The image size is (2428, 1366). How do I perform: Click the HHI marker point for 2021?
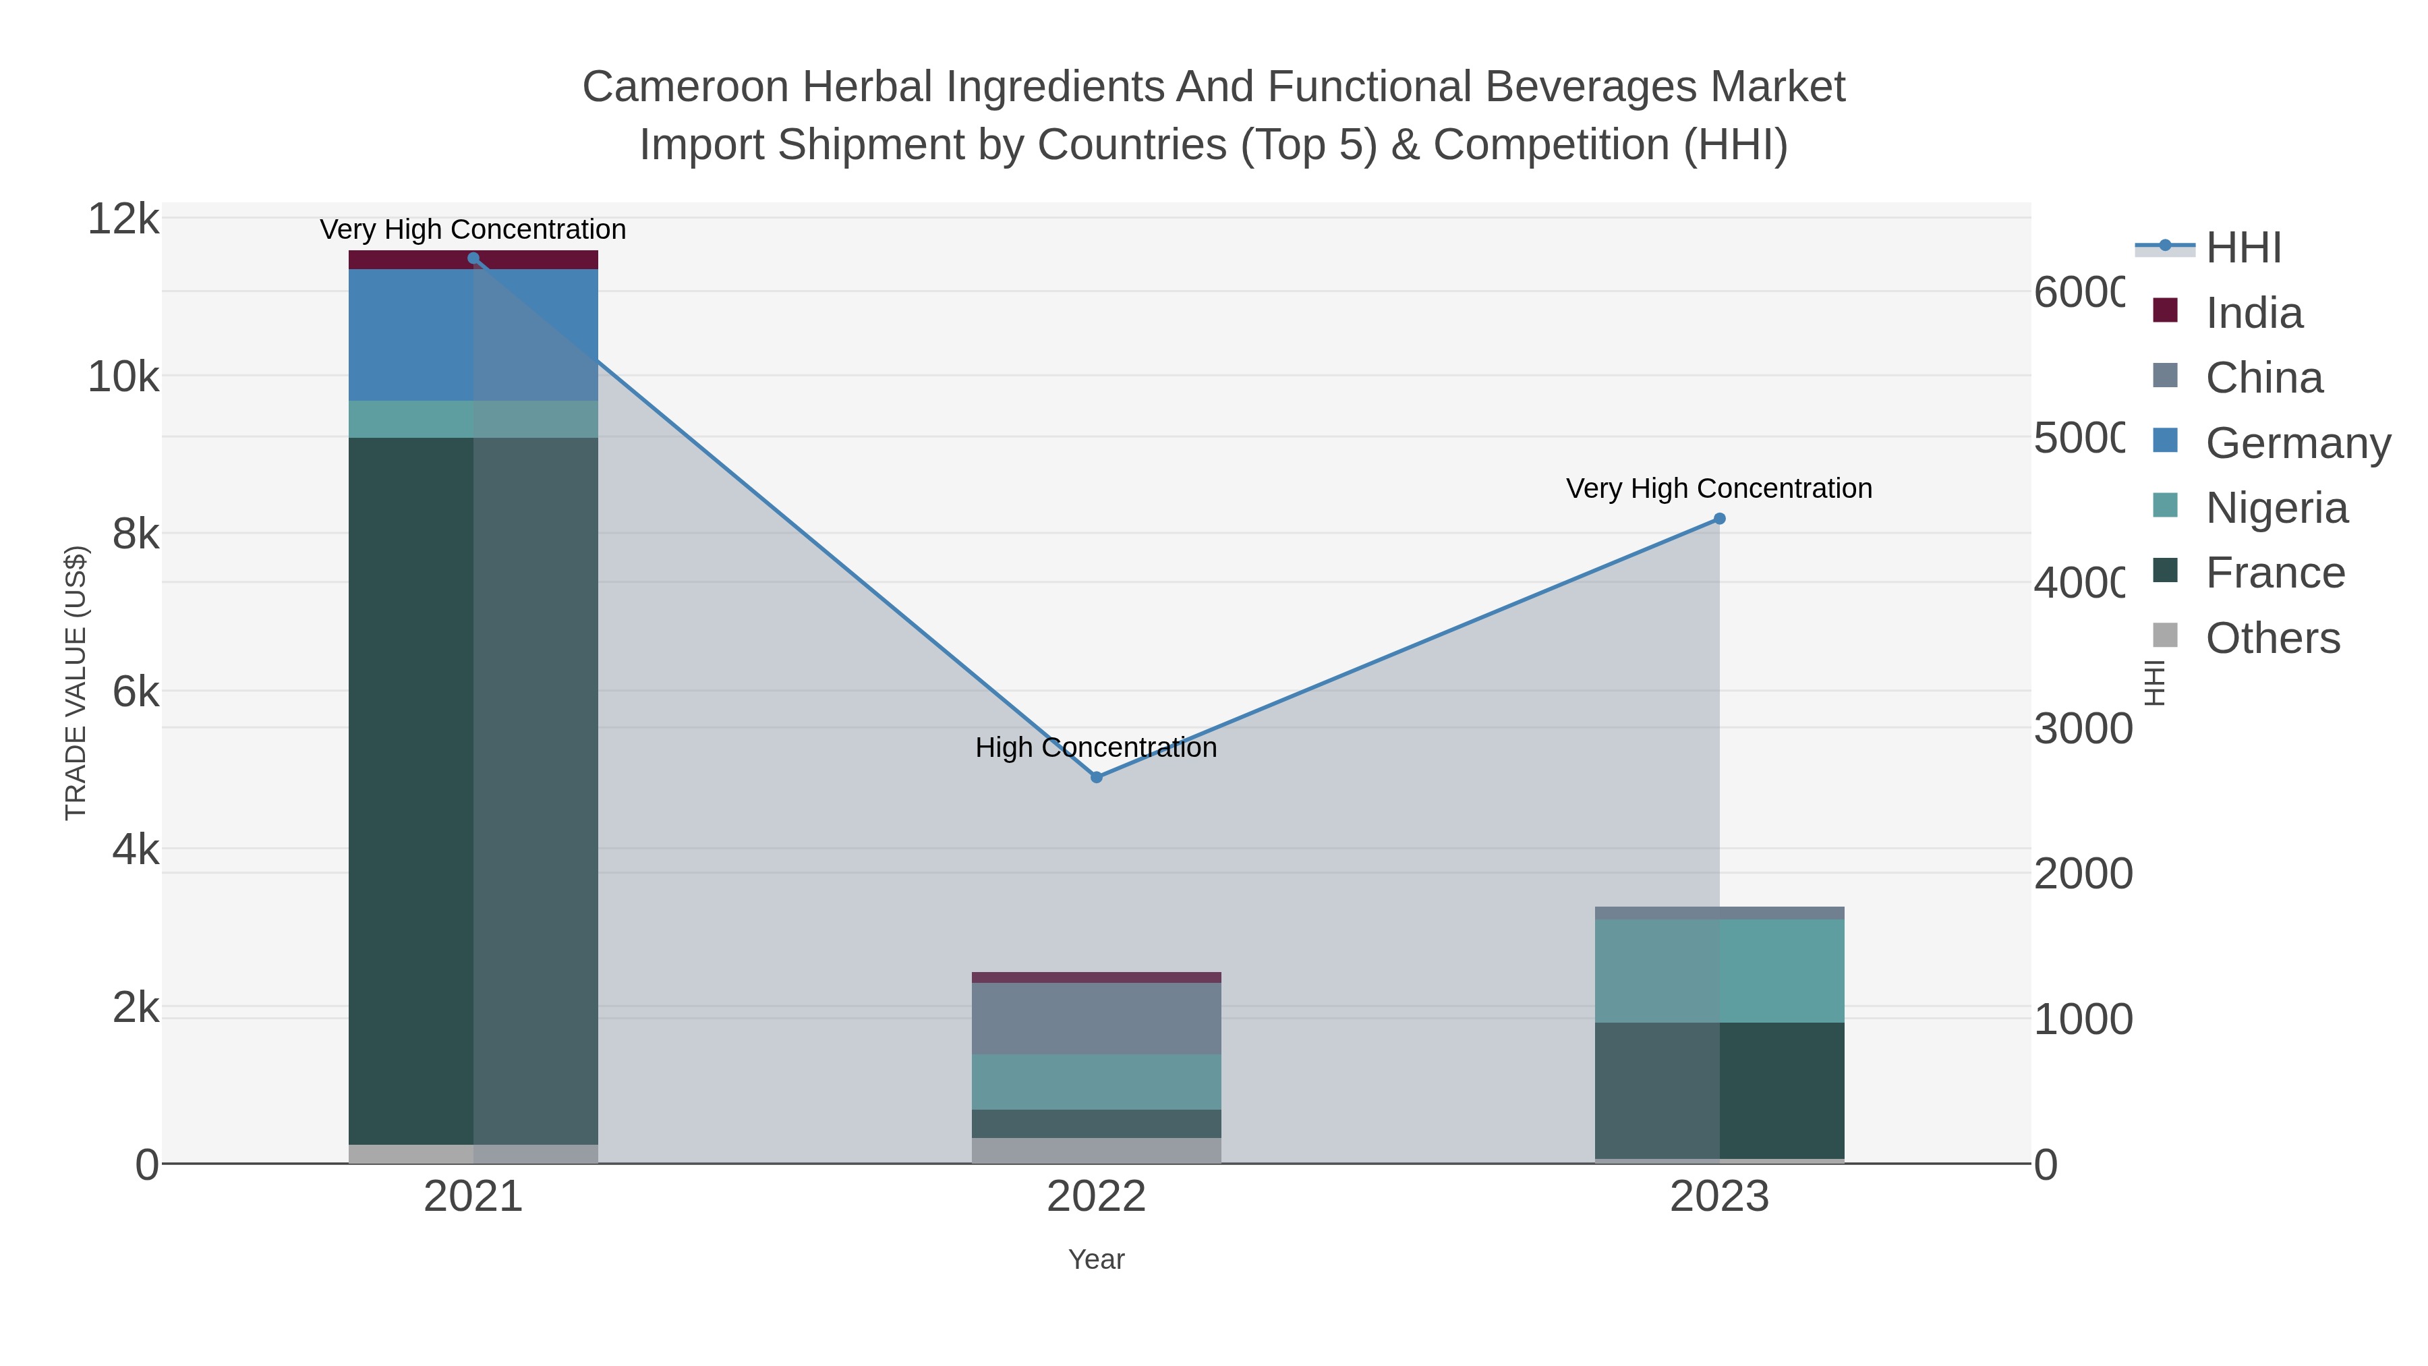(473, 258)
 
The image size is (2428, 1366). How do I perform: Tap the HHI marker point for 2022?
(1096, 777)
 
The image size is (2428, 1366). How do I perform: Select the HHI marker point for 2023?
(1719, 519)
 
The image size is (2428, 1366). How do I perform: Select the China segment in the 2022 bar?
(1096, 1018)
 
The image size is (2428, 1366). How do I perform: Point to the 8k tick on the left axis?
(135, 534)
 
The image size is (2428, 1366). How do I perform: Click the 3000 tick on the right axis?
(2082, 728)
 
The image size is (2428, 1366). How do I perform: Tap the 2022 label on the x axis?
(1096, 1196)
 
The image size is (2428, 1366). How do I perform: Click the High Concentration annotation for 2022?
(1096, 747)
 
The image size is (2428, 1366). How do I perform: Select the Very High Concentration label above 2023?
(1719, 488)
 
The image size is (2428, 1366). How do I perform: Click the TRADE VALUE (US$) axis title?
(76, 683)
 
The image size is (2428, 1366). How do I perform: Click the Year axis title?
(1096, 1259)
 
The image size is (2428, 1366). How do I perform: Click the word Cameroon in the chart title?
(685, 87)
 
